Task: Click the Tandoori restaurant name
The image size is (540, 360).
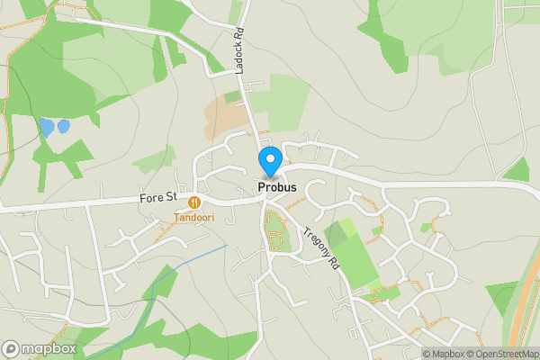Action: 194,218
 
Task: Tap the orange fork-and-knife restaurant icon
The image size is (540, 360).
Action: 194,203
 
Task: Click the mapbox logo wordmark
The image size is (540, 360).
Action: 49,348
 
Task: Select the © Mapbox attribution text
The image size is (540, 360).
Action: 443,354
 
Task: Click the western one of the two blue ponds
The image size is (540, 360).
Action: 45,127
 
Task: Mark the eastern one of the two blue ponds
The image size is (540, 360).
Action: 64,126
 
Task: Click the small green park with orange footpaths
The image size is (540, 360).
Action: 277,231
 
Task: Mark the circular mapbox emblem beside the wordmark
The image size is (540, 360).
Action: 11,348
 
